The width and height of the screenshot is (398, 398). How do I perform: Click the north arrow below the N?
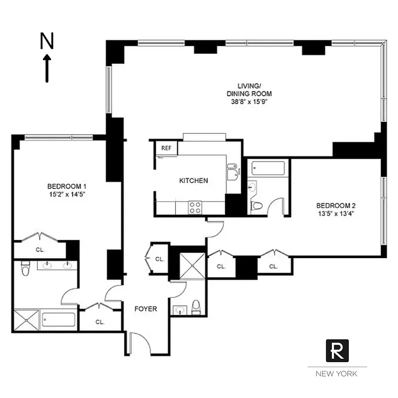click(x=47, y=68)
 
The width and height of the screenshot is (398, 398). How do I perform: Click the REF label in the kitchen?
click(x=164, y=148)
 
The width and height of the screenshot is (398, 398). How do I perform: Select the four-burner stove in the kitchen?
click(x=195, y=207)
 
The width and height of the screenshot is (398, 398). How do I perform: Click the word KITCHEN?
click(x=194, y=181)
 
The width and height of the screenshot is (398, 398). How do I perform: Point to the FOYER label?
click(x=146, y=309)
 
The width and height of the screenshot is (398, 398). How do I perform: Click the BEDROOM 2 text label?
click(x=336, y=205)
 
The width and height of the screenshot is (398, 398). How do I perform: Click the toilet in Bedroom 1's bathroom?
click(x=24, y=269)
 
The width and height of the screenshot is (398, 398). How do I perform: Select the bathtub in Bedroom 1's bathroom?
click(x=58, y=319)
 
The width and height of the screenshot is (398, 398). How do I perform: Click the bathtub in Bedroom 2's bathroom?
click(x=268, y=168)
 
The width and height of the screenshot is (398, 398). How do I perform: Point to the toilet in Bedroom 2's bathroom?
click(x=256, y=205)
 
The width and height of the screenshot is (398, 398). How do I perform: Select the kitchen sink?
click(x=232, y=172)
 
